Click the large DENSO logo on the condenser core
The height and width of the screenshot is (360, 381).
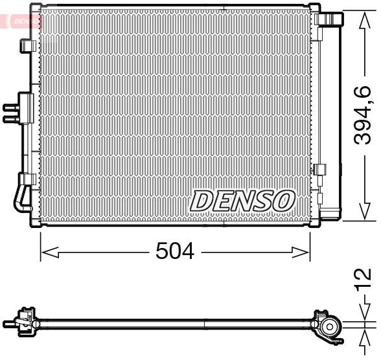(242, 200)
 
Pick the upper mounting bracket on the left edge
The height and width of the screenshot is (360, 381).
(28, 46)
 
